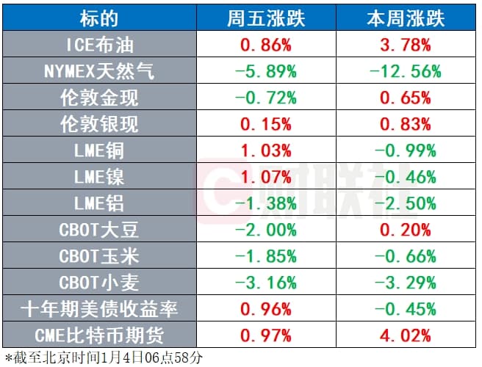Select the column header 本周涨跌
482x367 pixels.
(400, 18)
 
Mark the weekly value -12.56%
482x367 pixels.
(400, 71)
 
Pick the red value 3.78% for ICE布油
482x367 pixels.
(400, 45)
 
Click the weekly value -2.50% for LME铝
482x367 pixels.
(400, 203)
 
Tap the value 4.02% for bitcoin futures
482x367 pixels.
(400, 335)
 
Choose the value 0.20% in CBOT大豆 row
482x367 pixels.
(400, 230)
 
